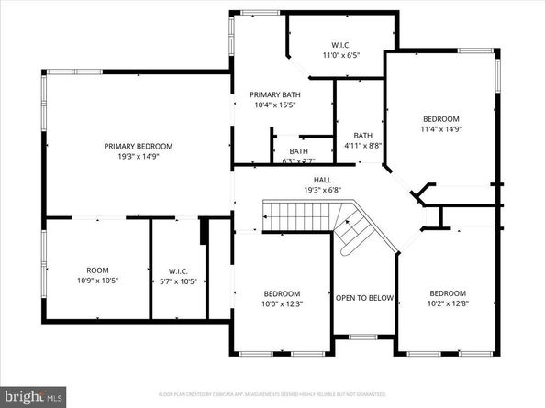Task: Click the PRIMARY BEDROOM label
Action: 138,146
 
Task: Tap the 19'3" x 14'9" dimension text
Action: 138,157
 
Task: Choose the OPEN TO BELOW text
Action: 364,298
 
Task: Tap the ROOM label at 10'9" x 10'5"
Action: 97,270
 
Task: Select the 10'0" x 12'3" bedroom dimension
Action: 282,304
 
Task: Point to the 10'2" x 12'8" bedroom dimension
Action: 448,304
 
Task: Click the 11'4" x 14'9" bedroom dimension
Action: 441,129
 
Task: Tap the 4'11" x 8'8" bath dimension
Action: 363,145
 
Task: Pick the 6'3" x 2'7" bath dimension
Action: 298,162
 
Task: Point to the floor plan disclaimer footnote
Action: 272,394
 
